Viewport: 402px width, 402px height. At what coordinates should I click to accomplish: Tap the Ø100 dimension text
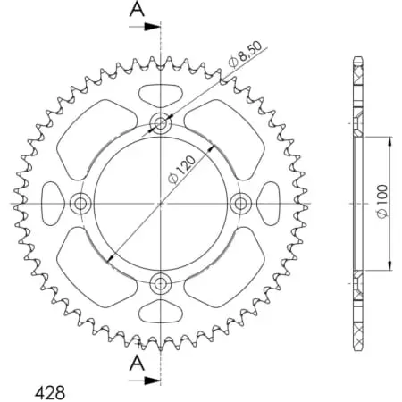[381, 204]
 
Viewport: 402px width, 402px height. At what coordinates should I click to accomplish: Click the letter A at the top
[137, 10]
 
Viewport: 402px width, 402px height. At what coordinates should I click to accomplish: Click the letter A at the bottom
[136, 361]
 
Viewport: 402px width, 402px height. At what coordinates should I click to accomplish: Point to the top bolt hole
[161, 123]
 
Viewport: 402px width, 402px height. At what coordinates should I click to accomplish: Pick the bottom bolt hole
[161, 284]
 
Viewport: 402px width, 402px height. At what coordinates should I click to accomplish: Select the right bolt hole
[240, 204]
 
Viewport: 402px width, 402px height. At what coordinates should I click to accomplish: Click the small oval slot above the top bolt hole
[161, 94]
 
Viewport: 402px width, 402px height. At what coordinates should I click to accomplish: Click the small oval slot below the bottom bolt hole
[161, 312]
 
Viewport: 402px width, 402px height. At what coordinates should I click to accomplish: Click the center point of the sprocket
[161, 204]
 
